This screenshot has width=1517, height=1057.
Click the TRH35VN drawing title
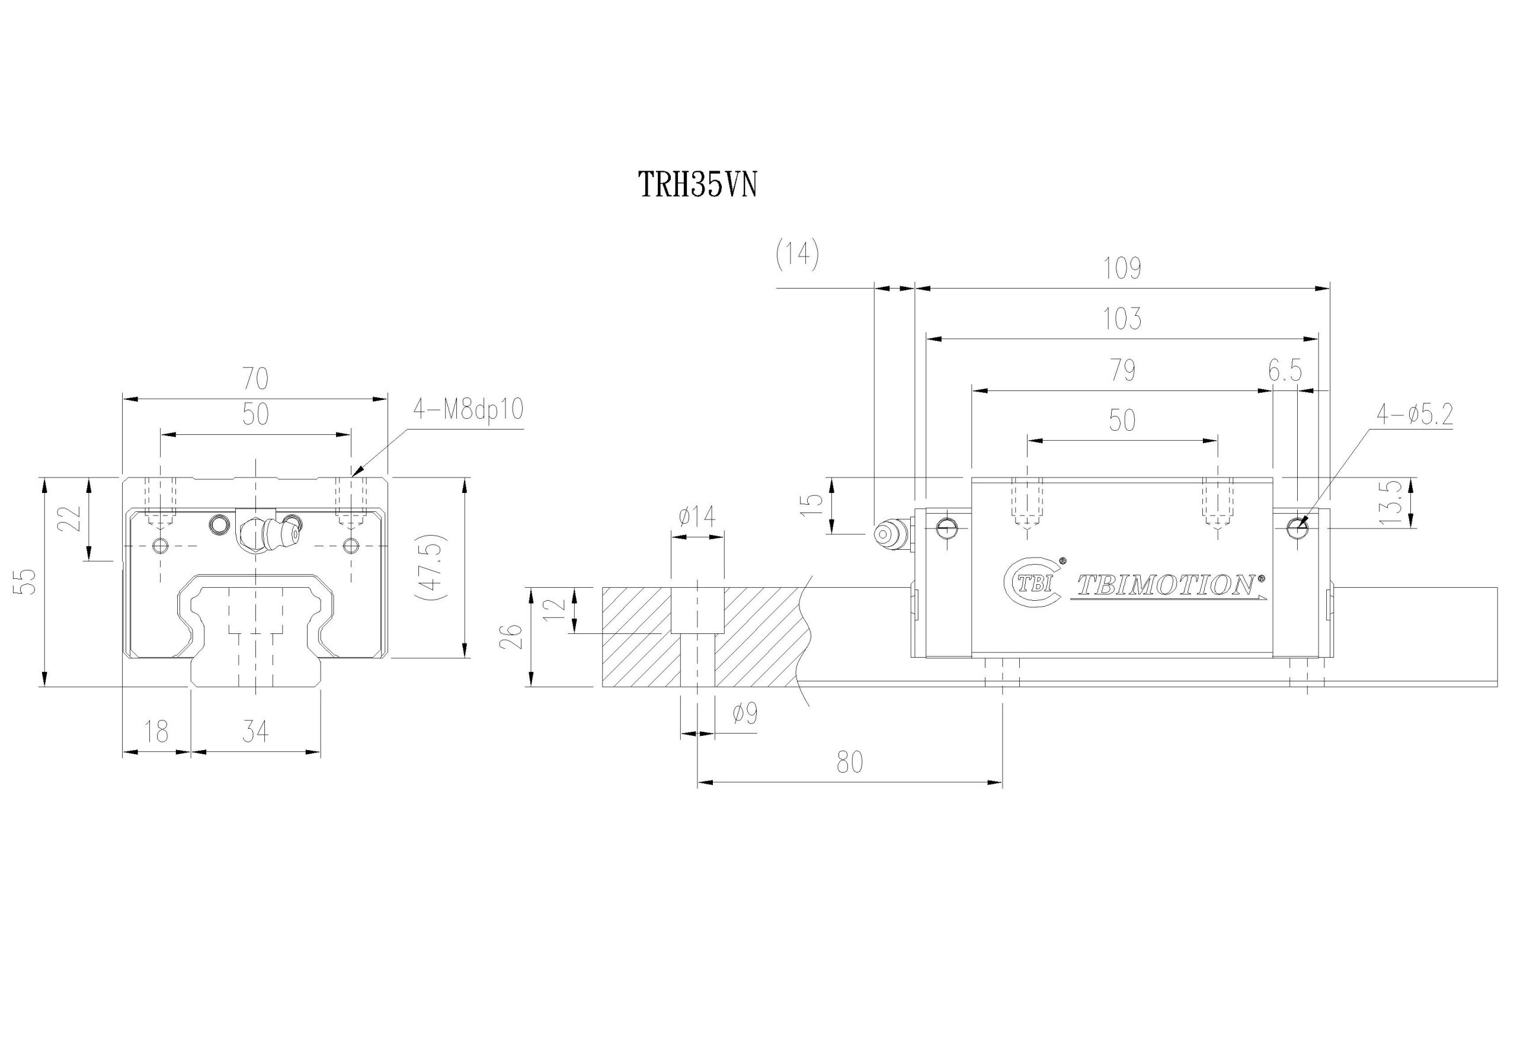(x=696, y=185)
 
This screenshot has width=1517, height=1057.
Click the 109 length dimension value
(x=1122, y=268)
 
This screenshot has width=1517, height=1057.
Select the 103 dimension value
(x=1122, y=319)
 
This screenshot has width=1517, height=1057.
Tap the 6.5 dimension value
(x=1285, y=371)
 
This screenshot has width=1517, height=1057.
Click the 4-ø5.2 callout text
(x=1414, y=414)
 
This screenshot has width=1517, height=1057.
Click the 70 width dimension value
(x=255, y=379)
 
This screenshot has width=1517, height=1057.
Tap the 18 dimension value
(x=156, y=732)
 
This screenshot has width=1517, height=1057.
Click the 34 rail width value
(x=255, y=732)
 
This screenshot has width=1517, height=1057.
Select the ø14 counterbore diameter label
(x=696, y=517)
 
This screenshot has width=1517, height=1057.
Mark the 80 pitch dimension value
(x=850, y=763)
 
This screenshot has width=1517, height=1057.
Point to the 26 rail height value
(x=516, y=637)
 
